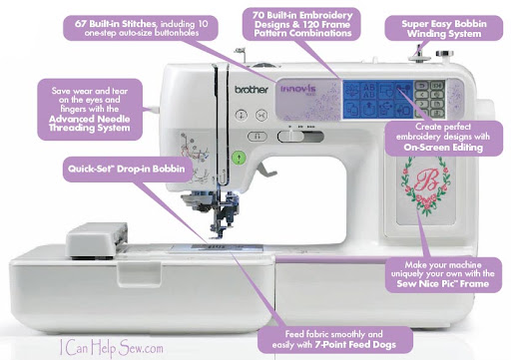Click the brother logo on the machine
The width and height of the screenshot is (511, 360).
(x=252, y=90)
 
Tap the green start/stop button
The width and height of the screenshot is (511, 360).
(x=239, y=158)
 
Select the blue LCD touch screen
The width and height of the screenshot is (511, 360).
(x=378, y=100)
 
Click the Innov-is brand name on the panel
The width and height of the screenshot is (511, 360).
(x=298, y=89)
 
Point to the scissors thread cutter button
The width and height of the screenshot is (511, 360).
(x=261, y=115)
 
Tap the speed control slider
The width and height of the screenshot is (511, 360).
(x=300, y=137)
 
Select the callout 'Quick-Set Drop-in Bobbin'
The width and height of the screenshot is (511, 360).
(x=126, y=169)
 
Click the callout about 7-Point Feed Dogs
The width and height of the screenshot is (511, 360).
(x=334, y=339)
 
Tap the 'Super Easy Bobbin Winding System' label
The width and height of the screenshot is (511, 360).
(x=444, y=28)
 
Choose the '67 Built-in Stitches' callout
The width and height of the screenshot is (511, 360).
(x=141, y=28)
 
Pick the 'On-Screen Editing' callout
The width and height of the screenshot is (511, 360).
(x=443, y=138)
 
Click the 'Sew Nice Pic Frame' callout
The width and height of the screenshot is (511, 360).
(x=443, y=274)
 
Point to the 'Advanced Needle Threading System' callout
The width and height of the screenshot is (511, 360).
(x=90, y=110)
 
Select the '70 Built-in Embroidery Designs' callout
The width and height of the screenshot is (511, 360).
(x=301, y=24)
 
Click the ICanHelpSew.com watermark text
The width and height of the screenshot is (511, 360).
(x=112, y=348)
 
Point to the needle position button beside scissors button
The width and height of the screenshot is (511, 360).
(x=242, y=115)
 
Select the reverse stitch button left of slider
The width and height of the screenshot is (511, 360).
(x=256, y=137)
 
